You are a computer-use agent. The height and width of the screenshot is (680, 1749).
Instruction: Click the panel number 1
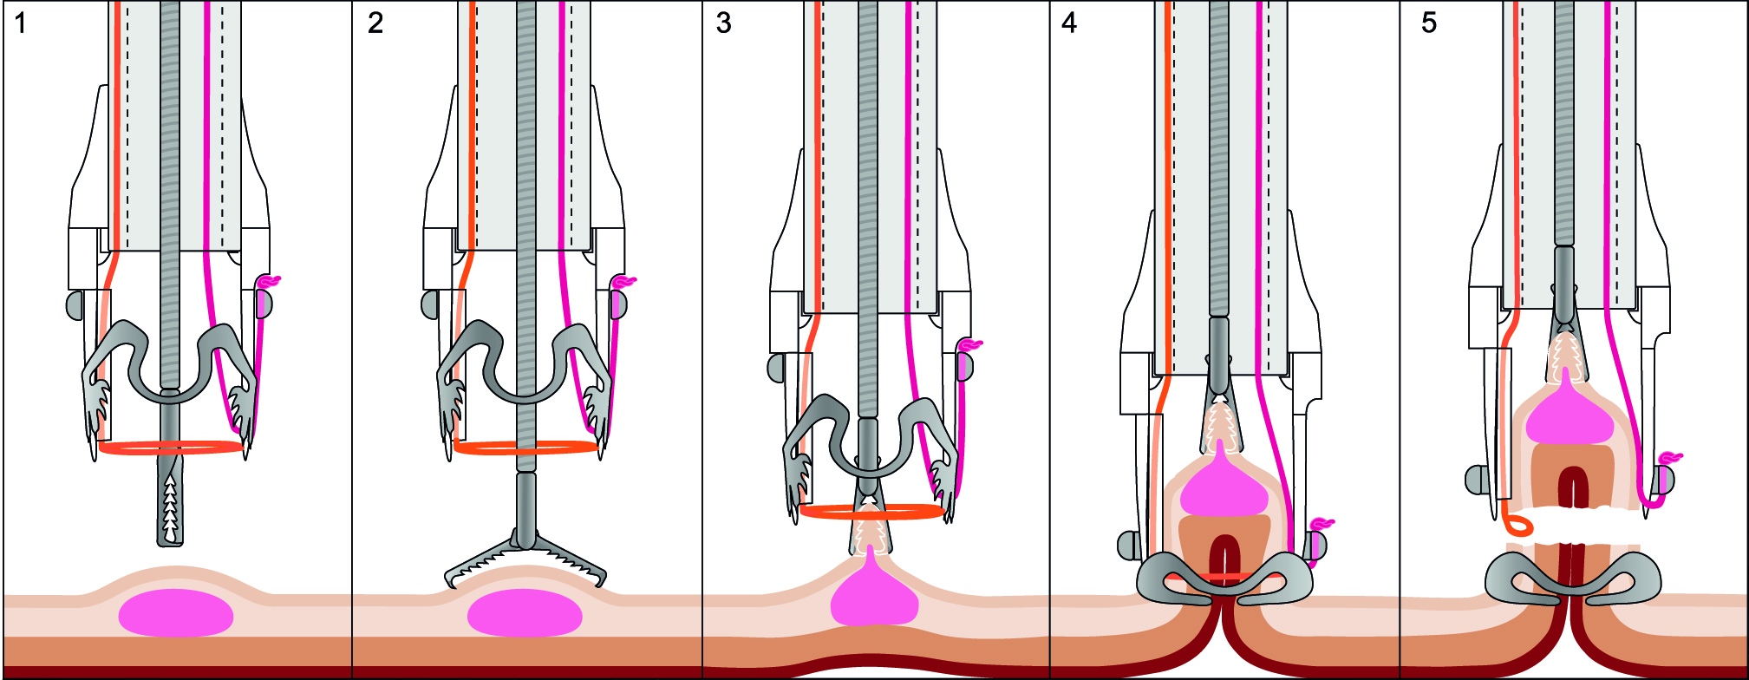(21, 23)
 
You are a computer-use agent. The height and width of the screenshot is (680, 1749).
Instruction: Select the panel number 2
(375, 23)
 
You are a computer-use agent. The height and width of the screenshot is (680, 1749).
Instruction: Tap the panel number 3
(724, 23)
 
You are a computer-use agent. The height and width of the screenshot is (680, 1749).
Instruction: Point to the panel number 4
(1069, 23)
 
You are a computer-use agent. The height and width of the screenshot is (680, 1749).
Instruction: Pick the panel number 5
(1429, 23)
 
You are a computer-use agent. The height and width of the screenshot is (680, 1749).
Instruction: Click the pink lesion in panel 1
(176, 614)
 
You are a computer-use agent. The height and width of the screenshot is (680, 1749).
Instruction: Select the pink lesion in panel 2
(525, 614)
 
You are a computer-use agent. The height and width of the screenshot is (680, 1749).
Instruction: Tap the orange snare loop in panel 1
(171, 448)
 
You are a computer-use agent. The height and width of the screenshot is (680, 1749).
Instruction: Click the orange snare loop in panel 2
(525, 448)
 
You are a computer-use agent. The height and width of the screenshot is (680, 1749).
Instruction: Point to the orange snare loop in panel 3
(871, 512)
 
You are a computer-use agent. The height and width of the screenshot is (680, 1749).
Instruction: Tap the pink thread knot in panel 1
(269, 282)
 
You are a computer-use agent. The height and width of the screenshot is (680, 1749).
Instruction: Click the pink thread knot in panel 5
(1670, 458)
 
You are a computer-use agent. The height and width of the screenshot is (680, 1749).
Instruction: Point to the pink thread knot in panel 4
(1322, 524)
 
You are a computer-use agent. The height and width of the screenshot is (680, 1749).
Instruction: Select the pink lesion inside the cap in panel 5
(1570, 416)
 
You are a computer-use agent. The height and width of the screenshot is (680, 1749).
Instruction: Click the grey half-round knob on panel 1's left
(74, 305)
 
